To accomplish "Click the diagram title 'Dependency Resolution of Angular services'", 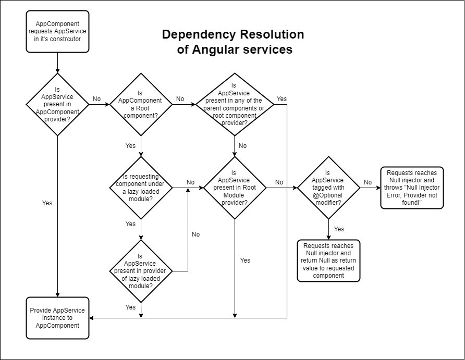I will pyautogui.click(x=232, y=42).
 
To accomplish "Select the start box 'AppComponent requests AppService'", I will pyautogui.click(x=57, y=31).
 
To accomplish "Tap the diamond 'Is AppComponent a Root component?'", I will pyautogui.click(x=141, y=105).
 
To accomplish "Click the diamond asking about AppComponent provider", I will pyautogui.click(x=57, y=104).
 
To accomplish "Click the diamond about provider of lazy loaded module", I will pyautogui.click(x=141, y=271).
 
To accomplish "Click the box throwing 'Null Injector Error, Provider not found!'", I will pyautogui.click(x=412, y=188).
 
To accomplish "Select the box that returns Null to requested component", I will pyautogui.click(x=328, y=260).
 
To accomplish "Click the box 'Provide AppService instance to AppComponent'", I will pyautogui.click(x=57, y=318).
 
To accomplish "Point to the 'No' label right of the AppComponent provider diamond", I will pyautogui.click(x=96, y=98).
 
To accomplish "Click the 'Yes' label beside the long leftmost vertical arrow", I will pyautogui.click(x=47, y=203).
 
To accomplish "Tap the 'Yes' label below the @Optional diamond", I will pyautogui.click(x=338, y=229).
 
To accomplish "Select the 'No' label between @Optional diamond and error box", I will pyautogui.click(x=368, y=182).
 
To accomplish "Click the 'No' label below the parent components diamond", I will pyautogui.click(x=242, y=146).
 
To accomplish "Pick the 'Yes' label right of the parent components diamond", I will pyautogui.click(x=282, y=98).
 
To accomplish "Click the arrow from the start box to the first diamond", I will pyautogui.click(x=57, y=64).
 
